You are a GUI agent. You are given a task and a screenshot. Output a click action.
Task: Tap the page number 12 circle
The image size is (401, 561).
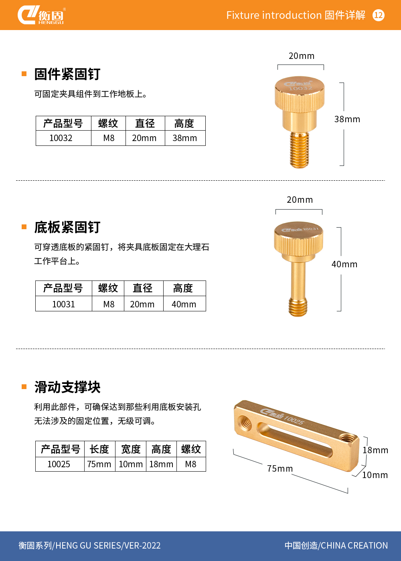pos(379,15)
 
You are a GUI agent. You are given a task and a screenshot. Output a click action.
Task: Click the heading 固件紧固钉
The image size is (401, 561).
pos(67,74)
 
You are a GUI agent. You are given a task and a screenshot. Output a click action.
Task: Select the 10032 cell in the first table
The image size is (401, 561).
pos(61,138)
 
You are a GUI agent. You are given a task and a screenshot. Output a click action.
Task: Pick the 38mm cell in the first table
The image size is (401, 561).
pos(185,138)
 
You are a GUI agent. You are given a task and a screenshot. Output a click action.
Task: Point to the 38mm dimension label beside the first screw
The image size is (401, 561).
pos(347,119)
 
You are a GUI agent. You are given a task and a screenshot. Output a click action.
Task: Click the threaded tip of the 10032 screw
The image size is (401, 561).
pos(300,150)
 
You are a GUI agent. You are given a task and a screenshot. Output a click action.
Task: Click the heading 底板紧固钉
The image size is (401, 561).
pos(67,228)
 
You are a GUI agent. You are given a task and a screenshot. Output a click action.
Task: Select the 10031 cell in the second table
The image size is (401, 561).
pos(64,304)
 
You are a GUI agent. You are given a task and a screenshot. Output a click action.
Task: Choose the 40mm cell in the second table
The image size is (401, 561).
pos(184,304)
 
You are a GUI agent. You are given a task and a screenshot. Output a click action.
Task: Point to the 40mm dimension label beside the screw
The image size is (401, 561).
pos(344,264)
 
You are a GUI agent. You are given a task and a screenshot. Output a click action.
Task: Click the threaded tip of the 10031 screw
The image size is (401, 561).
pos(298,307)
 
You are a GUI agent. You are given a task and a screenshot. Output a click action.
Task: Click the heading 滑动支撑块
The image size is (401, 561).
pos(67,387)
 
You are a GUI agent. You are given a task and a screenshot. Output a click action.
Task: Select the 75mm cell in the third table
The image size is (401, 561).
pos(99,464)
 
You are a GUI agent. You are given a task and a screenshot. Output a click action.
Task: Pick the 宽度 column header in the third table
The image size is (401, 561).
pos(131,449)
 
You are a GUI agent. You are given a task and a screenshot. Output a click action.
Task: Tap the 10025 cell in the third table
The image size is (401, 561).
pos(59,464)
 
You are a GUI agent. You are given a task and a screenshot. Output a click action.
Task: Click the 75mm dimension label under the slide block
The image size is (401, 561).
pos(280,468)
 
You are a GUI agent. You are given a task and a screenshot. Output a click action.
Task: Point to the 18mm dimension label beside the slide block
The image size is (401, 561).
pos(375,450)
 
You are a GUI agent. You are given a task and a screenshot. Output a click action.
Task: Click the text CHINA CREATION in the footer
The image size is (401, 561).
pos(354,545)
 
